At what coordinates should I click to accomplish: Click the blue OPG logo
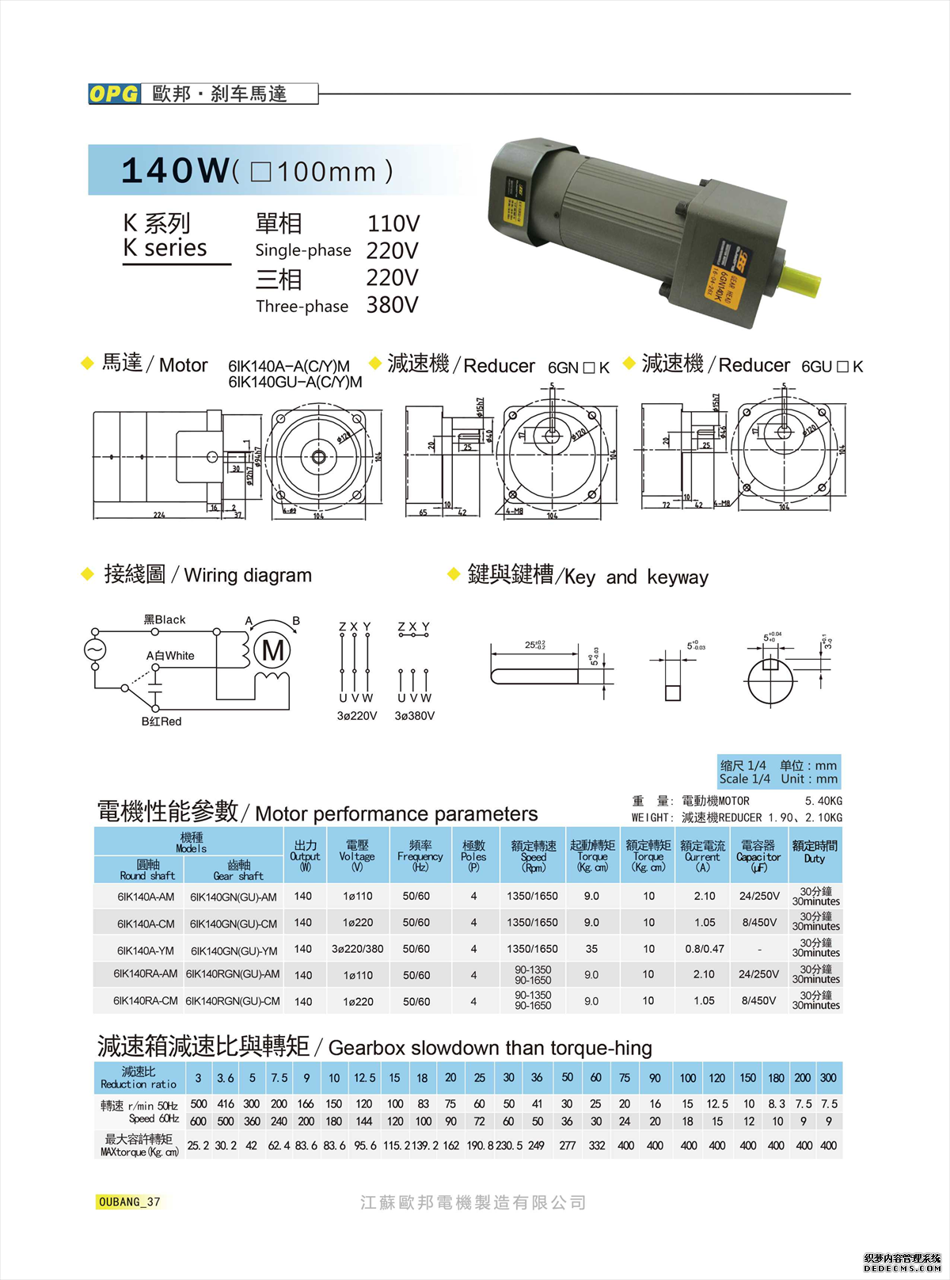[114, 93]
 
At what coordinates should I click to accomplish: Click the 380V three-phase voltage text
[392, 305]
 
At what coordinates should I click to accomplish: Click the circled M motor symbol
[273, 650]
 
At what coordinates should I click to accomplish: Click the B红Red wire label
[161, 722]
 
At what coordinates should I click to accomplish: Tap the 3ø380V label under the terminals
[414, 716]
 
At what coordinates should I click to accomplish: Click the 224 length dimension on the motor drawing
[159, 515]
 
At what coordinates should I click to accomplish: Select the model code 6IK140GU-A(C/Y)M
[295, 383]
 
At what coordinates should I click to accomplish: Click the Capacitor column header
[758, 856]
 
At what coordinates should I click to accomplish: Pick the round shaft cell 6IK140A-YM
[146, 950]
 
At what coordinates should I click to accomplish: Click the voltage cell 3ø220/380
[358, 949]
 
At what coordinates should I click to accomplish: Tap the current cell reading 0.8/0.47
[705, 949]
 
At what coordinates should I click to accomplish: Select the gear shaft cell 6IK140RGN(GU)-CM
[233, 1001]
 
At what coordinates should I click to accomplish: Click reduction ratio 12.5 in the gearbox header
[364, 1078]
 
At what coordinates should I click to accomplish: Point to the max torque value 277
[568, 1145]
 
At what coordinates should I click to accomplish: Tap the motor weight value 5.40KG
[823, 801]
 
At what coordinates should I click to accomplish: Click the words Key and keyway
[636, 577]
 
